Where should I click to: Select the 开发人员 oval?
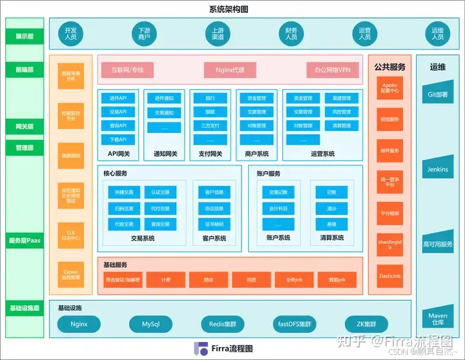click(x=71, y=34)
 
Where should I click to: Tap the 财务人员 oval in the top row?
click(x=291, y=34)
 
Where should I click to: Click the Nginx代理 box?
click(x=230, y=70)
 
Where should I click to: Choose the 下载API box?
click(x=118, y=139)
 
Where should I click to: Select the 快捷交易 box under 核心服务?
click(x=124, y=192)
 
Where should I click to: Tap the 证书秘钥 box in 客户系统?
click(x=214, y=224)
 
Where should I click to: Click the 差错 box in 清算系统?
click(x=331, y=224)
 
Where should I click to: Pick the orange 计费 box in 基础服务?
click(x=166, y=280)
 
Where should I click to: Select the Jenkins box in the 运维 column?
click(x=438, y=169)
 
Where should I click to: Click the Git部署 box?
click(x=438, y=94)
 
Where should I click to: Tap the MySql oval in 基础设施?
click(x=150, y=324)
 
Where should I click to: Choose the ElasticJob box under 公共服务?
click(x=389, y=276)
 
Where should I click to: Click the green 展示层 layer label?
click(x=25, y=37)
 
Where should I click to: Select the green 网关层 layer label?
click(x=25, y=126)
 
